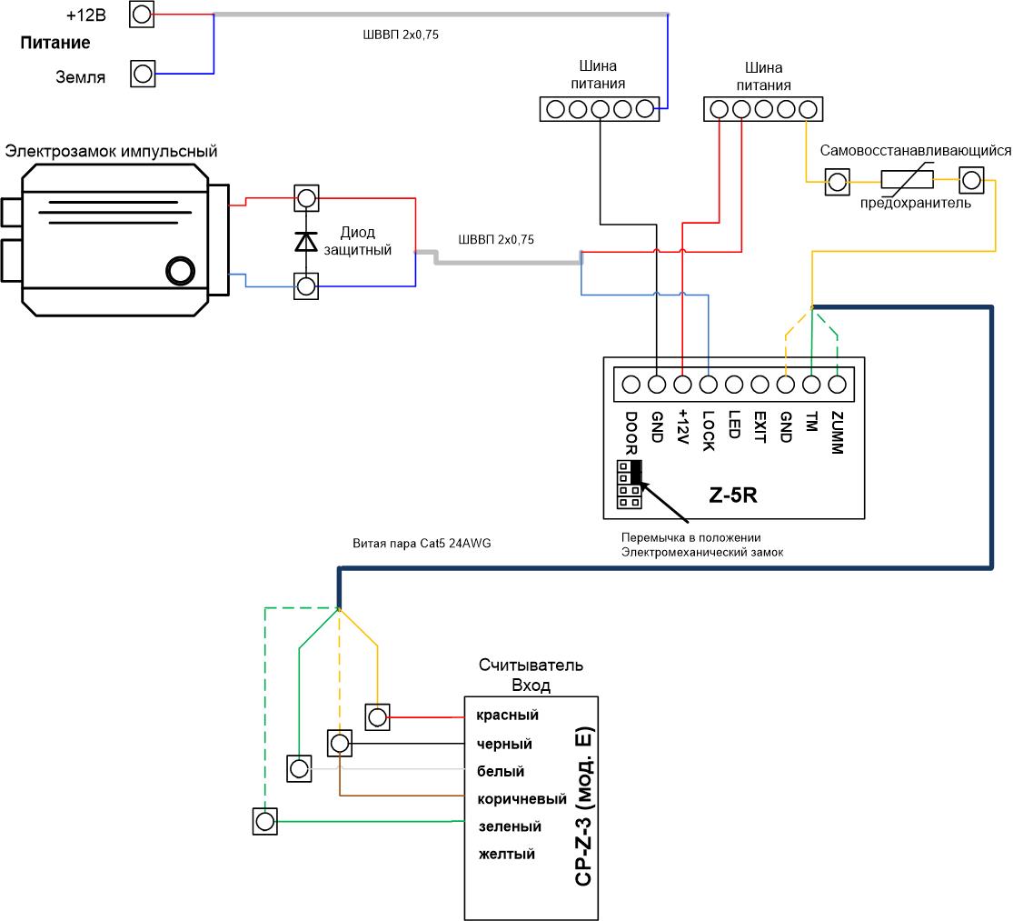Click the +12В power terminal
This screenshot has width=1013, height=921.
(x=142, y=15)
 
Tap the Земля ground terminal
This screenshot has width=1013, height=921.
(x=143, y=74)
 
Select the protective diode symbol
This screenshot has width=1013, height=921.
(x=306, y=241)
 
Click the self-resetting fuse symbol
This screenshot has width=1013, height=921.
(x=907, y=179)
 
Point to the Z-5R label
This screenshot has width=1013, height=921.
(x=732, y=496)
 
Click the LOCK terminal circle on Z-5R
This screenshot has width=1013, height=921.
(x=708, y=385)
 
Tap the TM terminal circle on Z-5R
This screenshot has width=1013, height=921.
(x=811, y=385)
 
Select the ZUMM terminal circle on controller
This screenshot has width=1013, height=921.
(x=838, y=385)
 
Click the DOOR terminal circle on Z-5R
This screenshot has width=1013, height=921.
(x=631, y=385)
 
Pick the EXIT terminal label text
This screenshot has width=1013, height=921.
(x=760, y=427)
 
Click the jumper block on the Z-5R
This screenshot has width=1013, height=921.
(x=630, y=484)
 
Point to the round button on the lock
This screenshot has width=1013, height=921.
(x=180, y=271)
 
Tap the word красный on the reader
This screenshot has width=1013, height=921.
(x=507, y=716)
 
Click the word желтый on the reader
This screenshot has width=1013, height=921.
(x=507, y=854)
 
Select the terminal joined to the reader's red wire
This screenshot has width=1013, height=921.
(x=377, y=716)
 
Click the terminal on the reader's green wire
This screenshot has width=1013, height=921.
(x=265, y=822)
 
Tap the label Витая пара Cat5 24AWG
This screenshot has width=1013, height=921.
(x=422, y=544)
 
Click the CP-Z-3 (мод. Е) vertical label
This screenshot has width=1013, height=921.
(x=583, y=806)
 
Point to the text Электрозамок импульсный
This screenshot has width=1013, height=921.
(x=111, y=151)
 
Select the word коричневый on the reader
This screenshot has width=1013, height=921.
(x=522, y=799)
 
